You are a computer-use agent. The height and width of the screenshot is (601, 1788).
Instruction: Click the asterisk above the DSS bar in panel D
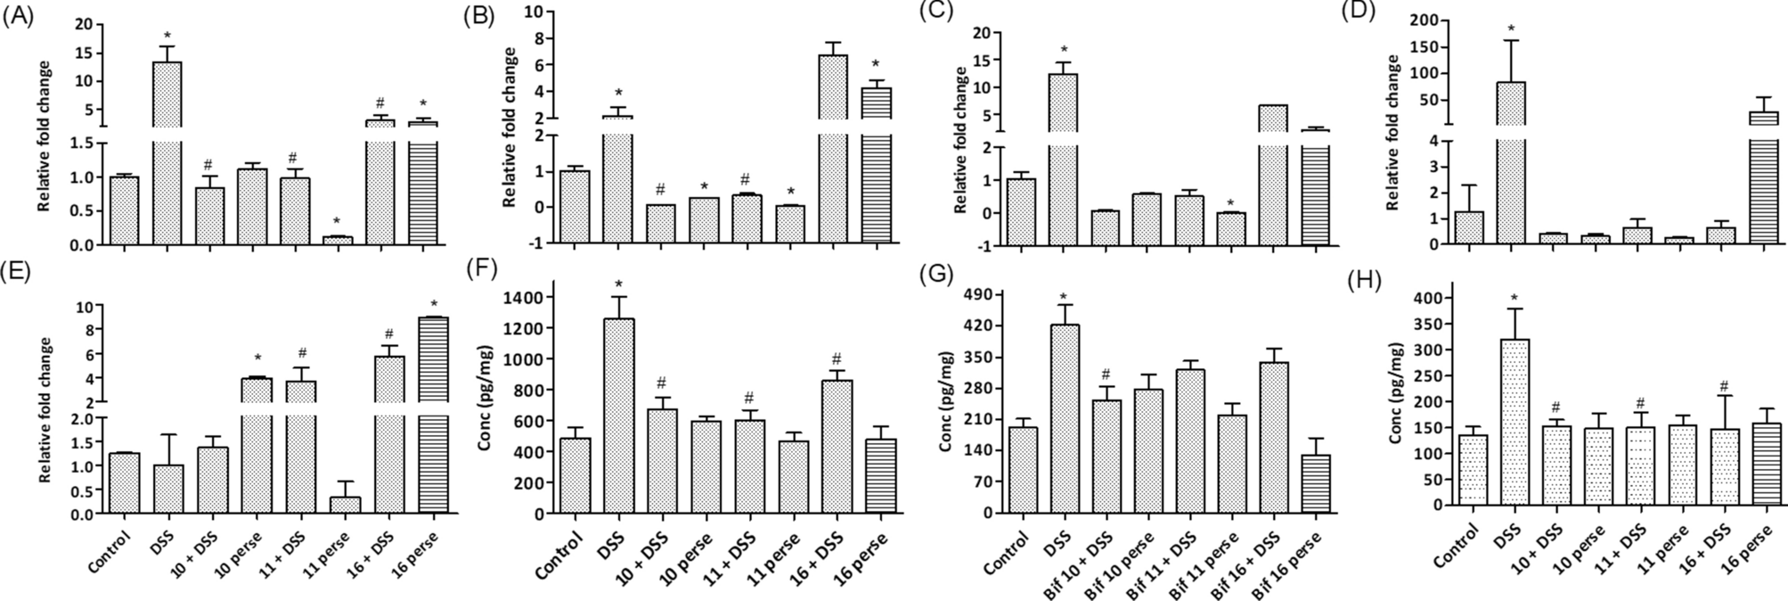(1511, 30)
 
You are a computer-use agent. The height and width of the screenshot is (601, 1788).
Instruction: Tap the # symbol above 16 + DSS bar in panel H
(1724, 386)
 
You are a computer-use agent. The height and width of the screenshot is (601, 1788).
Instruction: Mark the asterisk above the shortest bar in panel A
(336, 221)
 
